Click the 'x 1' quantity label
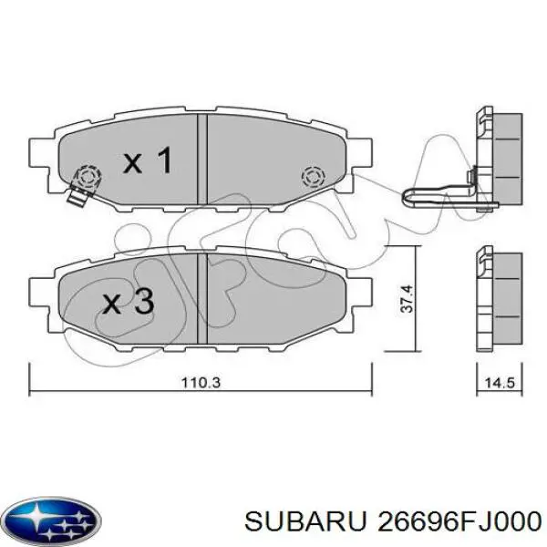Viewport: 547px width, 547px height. coord(148,162)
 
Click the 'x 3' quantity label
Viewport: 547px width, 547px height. coord(128,302)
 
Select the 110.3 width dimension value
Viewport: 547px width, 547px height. coord(201,383)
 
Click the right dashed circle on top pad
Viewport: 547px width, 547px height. coord(313,175)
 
